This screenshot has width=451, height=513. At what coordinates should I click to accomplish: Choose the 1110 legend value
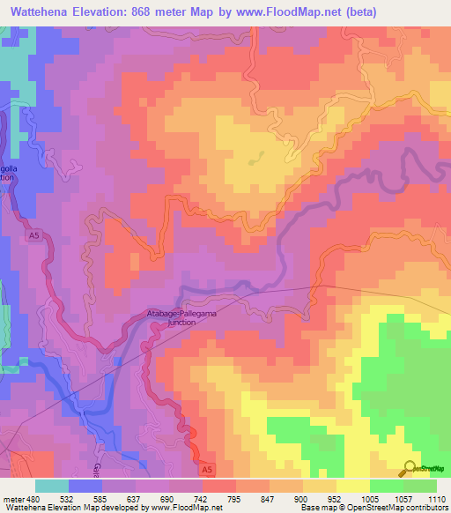[438, 500]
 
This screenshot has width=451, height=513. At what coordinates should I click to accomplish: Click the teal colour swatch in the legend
[52, 486]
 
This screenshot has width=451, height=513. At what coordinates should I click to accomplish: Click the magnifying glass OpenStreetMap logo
[410, 468]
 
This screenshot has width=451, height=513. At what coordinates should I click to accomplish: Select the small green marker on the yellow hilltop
[257, 160]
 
